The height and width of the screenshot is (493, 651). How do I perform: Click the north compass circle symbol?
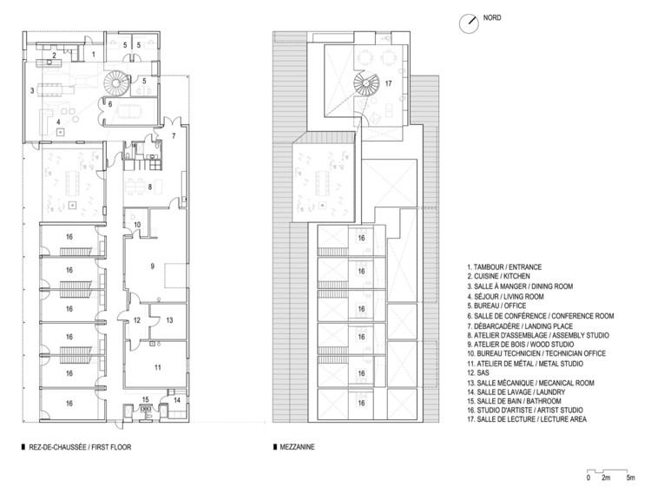469,23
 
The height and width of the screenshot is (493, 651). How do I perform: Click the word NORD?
492,18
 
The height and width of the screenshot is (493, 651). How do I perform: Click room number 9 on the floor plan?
153,266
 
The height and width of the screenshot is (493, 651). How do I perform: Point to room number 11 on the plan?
157,367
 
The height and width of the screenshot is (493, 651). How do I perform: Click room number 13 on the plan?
169,320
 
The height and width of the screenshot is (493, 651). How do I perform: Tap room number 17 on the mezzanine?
388,83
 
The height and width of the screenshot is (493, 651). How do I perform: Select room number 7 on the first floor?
174,135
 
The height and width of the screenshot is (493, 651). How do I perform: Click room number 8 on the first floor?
150,187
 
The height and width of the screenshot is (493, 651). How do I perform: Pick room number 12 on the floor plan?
137,320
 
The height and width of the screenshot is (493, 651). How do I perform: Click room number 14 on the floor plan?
177,400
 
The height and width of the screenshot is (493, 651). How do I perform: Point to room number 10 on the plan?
137,225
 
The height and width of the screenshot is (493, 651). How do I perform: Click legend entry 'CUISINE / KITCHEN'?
498,276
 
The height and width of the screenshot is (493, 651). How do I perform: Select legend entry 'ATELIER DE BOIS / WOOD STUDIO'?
520,345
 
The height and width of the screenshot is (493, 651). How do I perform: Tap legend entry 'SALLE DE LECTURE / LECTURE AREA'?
527,419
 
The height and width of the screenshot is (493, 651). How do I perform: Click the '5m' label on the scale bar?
631,477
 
